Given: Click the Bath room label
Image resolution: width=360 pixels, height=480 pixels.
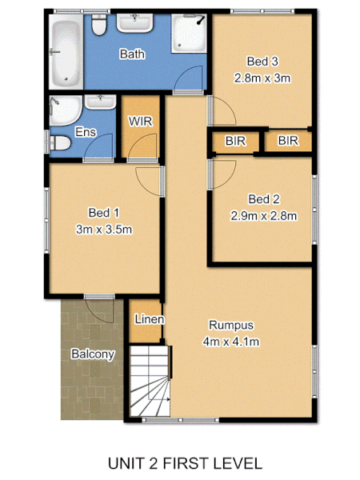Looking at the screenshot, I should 132,54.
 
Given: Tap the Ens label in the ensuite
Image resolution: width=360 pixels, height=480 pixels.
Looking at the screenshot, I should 85,131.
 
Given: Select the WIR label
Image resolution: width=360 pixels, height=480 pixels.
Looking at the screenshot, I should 140,122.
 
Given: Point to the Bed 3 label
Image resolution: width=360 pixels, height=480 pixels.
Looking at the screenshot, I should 262,62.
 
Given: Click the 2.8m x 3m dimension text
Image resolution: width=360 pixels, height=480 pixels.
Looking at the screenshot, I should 262,78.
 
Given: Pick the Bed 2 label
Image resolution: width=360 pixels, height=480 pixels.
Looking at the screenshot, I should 264,199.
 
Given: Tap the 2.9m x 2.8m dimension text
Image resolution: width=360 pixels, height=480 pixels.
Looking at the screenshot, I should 264,215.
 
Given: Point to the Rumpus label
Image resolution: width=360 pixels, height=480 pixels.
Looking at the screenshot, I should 231,325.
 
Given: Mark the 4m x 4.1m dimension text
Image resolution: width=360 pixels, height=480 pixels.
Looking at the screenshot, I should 231,342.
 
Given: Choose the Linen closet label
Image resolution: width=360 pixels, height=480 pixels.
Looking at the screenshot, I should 149,319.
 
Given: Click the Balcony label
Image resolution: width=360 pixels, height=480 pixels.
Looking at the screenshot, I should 93,354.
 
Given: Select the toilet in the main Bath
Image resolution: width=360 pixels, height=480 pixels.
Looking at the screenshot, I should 99,27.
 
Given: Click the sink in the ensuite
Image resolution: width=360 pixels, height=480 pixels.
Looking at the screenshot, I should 100,102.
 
